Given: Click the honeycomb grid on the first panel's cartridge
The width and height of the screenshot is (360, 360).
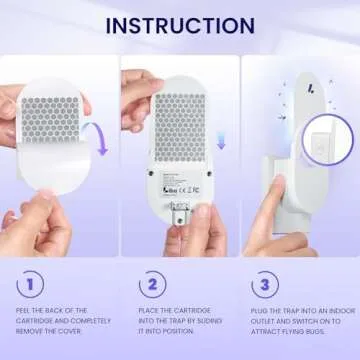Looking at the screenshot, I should pyautogui.click(x=50, y=115).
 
